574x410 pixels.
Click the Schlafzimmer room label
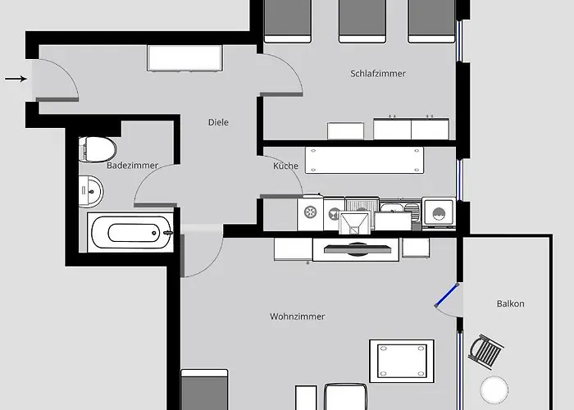378,74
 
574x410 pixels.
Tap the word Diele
218,123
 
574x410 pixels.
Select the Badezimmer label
132,166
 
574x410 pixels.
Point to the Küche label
286,166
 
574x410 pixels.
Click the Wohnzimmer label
297,317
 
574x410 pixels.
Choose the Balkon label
510,304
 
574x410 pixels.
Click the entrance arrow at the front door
15,79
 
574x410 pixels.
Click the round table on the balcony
495,389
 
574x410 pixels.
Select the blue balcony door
447,295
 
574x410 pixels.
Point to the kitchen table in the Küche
365,159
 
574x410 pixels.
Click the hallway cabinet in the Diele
184,58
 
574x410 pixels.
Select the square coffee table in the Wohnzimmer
402,359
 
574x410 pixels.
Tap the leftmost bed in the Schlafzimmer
288,20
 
